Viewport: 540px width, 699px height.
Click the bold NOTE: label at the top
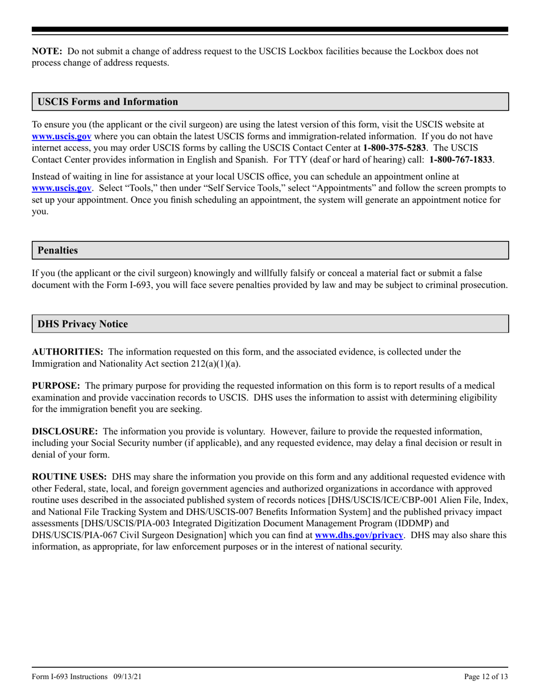[x=47, y=51]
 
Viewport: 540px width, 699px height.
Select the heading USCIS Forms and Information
[x=107, y=102]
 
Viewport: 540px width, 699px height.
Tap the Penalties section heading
[x=57, y=250]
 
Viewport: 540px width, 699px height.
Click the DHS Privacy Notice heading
[x=82, y=324]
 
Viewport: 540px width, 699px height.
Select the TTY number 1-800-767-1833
[x=461, y=160]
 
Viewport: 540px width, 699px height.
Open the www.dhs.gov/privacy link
[x=359, y=535]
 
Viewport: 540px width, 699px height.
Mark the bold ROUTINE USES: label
[x=69, y=477]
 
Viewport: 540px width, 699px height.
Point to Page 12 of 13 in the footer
[x=486, y=677]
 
